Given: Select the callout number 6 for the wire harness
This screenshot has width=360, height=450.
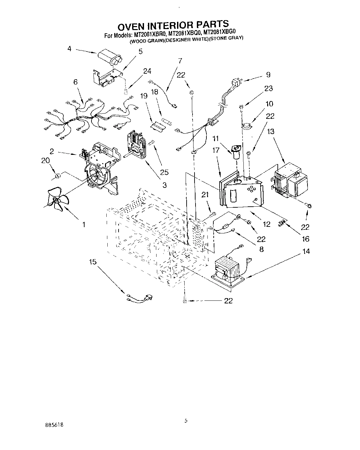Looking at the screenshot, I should point(76,82).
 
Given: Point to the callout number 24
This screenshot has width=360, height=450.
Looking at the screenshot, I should point(147,71).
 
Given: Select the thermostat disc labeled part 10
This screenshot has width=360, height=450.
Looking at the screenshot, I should point(246,125).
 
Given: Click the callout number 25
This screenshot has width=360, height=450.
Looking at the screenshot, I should point(164,172).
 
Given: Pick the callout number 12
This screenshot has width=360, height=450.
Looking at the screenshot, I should point(267,225).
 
